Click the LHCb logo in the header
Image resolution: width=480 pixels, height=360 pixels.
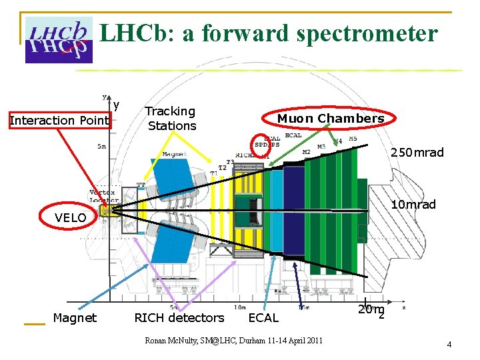pyautogui.click(x=58, y=39)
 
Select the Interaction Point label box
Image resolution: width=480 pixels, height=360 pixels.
pyautogui.click(x=59, y=120)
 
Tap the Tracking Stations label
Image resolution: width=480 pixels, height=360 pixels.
pyautogui.click(x=171, y=119)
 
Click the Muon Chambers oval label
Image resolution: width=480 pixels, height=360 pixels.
pyautogui.click(x=330, y=119)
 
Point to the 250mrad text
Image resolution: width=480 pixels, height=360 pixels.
pyautogui.click(x=417, y=153)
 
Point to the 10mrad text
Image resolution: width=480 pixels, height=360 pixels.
pyautogui.click(x=413, y=204)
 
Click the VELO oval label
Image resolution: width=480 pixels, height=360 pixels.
pyautogui.click(x=70, y=217)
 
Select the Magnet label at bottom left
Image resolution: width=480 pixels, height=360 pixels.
pyautogui.click(x=74, y=318)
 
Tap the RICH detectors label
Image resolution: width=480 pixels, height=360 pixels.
pyautogui.click(x=179, y=318)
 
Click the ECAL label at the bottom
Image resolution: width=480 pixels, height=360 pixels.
pyautogui.click(x=263, y=318)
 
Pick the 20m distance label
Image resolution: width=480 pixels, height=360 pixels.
pyautogui.click(x=370, y=310)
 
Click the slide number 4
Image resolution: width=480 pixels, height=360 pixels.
pyautogui.click(x=449, y=345)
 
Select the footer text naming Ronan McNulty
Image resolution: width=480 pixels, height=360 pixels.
pyautogui.click(x=233, y=341)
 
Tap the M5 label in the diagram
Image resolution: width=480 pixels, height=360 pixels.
pyautogui.click(x=353, y=139)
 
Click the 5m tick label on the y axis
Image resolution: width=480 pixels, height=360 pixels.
pyautogui.click(x=101, y=146)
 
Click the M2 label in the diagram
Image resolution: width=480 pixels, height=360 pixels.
pyautogui.click(x=306, y=153)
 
